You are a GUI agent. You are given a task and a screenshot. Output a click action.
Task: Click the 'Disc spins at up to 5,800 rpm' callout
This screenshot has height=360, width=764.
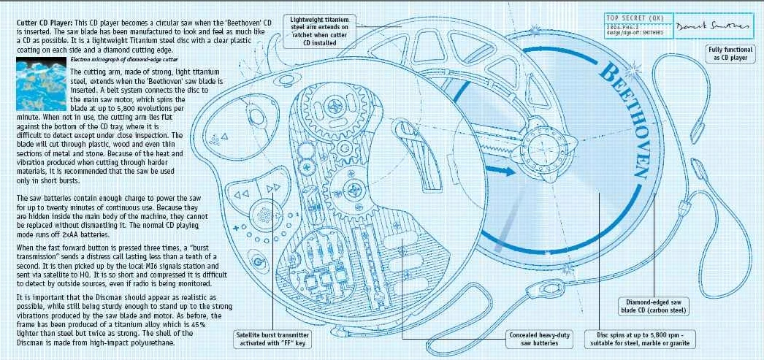point(641,340)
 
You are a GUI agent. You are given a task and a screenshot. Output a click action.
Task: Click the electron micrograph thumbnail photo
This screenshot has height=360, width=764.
point(39,85)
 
